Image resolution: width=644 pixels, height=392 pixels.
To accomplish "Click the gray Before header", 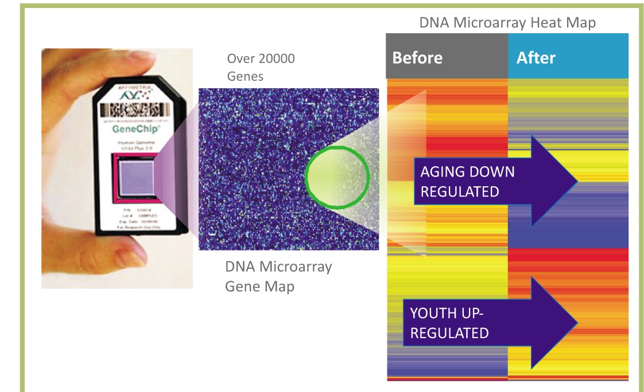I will click(x=417, y=58).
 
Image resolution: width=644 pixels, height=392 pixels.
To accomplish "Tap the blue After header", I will click(x=536, y=58).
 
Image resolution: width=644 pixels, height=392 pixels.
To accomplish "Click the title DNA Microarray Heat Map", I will click(x=507, y=23).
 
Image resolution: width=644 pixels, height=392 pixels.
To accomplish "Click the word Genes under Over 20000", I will click(x=245, y=76).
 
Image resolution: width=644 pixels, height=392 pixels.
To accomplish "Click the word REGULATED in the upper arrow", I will click(x=460, y=191).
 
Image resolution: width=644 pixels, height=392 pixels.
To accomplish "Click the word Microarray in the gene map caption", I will click(x=295, y=266).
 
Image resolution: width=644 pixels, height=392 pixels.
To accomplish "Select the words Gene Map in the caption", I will click(x=259, y=286).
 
